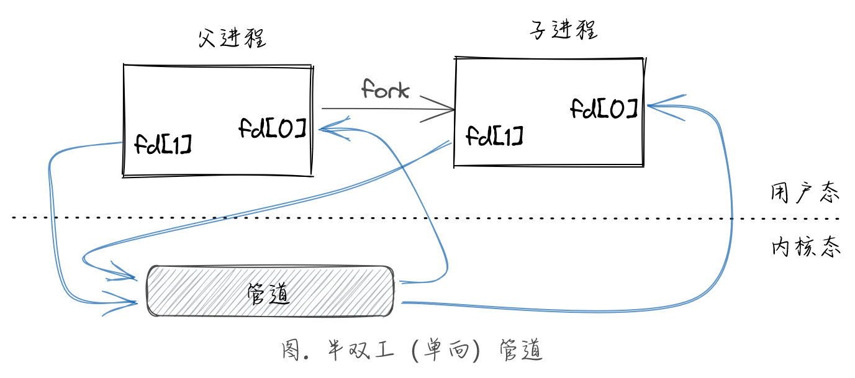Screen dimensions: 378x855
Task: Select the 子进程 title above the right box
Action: [x=562, y=30]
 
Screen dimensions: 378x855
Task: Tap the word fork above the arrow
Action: [x=386, y=91]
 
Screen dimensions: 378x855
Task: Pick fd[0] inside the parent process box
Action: [x=273, y=128]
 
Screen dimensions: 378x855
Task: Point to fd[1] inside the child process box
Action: [x=494, y=135]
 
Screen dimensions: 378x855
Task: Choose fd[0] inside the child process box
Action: [x=604, y=109]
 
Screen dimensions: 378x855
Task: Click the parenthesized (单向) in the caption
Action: [x=438, y=351]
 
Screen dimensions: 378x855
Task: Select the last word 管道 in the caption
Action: [x=522, y=351]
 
